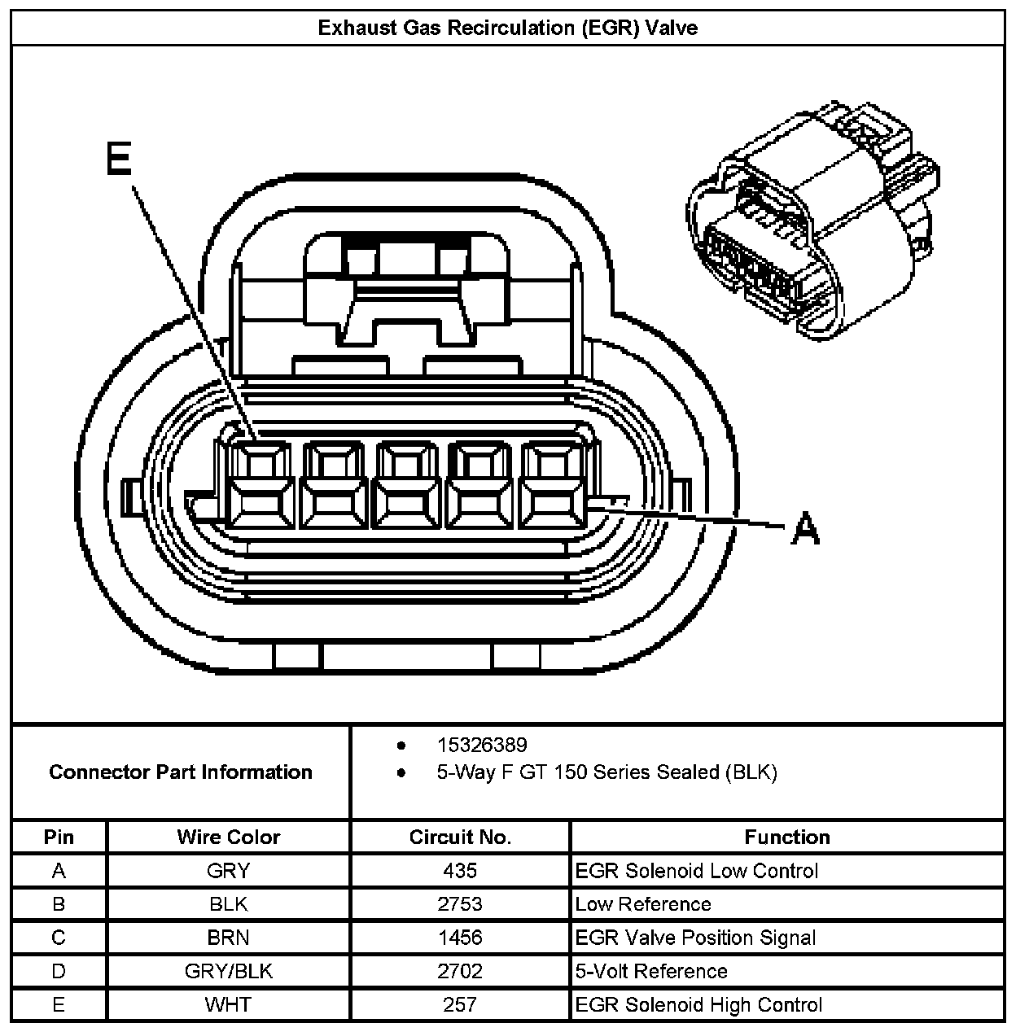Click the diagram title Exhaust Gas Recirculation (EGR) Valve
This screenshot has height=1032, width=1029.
coord(507,28)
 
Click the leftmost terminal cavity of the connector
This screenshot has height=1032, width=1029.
coord(259,485)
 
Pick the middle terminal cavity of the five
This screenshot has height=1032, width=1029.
coord(407,485)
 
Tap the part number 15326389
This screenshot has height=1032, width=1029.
coord(481,745)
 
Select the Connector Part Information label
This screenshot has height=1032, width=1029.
coord(181,772)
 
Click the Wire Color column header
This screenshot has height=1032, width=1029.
coord(228,837)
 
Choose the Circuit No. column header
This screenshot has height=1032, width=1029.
coord(460,837)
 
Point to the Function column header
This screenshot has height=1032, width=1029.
coord(786,837)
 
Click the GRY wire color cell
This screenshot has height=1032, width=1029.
coord(228,871)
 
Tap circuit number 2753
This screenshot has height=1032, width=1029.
coord(460,904)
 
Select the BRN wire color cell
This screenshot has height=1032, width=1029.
coord(228,938)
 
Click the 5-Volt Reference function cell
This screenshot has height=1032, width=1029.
coord(650,971)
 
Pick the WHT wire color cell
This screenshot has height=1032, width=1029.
coord(228,1004)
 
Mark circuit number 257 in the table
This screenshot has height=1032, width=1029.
coord(460,1004)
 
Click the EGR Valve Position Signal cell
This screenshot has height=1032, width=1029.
coord(695,938)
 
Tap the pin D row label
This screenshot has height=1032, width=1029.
coord(59,971)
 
